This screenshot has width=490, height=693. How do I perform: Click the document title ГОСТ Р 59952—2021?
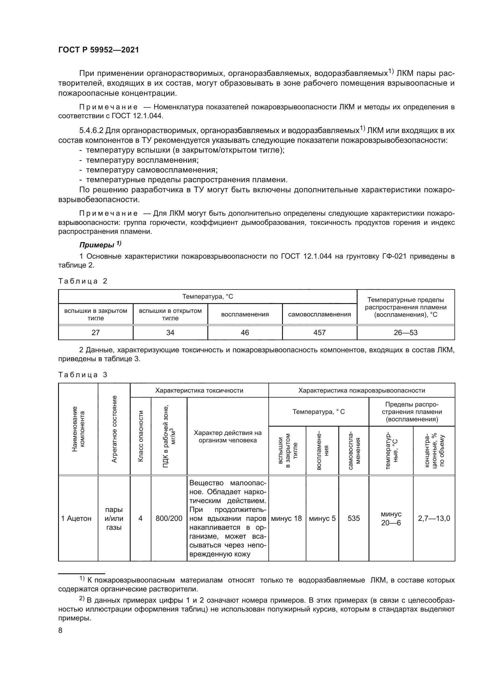point(98,50)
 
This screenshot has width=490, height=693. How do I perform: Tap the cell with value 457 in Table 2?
point(319,333)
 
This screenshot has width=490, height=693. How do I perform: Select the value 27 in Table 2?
point(95,333)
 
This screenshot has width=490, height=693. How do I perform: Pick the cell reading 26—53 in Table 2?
point(406,333)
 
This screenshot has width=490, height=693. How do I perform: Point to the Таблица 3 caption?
point(83,375)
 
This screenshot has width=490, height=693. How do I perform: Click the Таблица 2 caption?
point(83,281)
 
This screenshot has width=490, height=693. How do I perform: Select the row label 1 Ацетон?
point(76,518)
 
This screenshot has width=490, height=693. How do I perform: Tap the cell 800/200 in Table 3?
point(169,518)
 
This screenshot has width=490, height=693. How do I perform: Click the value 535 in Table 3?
point(354,518)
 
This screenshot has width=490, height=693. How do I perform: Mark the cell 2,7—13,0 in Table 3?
point(434,518)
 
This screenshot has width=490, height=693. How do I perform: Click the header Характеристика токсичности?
point(199,390)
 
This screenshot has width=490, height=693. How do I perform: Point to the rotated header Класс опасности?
point(140,436)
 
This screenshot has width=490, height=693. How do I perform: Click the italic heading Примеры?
point(97,245)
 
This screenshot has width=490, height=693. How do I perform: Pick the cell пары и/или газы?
point(114,518)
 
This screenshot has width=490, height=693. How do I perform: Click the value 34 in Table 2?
point(170,333)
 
